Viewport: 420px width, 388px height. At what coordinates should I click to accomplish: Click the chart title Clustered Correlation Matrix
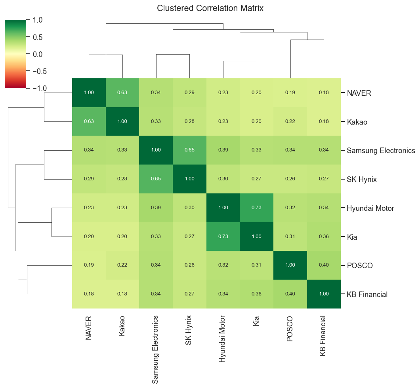pos(210,8)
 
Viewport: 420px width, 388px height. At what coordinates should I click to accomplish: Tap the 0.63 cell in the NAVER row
pos(122,93)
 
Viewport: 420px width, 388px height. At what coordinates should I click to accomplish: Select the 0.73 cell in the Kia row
pos(223,237)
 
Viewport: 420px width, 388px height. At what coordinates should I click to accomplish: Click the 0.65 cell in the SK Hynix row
pos(156,179)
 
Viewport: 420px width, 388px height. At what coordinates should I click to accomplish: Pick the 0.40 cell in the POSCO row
pos(324,265)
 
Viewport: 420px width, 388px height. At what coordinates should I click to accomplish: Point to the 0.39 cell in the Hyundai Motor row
pos(156,208)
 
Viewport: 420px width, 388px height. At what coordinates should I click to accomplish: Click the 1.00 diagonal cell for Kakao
pos(122,121)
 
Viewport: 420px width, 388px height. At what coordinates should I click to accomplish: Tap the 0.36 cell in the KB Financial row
pos(257,294)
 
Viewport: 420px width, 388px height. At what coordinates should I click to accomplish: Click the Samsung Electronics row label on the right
pos(381,151)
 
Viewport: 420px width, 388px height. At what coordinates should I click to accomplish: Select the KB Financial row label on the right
pos(367,294)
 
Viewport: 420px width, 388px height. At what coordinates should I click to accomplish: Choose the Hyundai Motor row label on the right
pos(370,208)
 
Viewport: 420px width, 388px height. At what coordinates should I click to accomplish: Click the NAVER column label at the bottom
pos(89,328)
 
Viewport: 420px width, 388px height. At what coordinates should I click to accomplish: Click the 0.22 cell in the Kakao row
pos(290,121)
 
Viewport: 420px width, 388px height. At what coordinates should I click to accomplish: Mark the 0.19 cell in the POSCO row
pos(89,265)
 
